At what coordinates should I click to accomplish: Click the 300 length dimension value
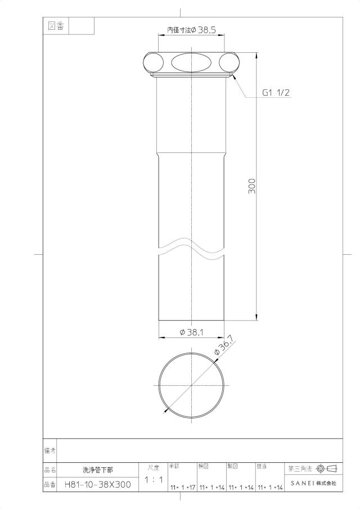point(251,186)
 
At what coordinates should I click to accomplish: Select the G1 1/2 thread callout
point(276,93)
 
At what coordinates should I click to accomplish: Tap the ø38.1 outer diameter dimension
point(192,332)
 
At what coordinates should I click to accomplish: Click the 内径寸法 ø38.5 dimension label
point(191,30)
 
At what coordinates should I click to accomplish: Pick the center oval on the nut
point(191,62)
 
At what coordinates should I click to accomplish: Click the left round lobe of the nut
point(154,62)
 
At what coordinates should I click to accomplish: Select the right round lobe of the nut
point(229,62)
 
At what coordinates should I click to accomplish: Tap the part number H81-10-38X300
point(98,485)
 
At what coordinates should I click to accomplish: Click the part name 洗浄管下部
point(98,470)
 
